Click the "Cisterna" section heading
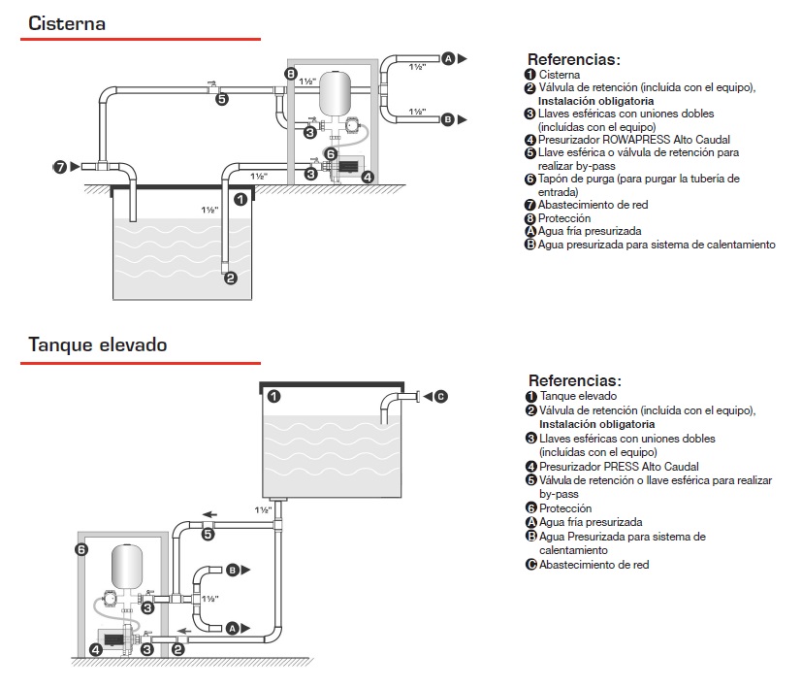[x=67, y=23]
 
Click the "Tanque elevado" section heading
[x=97, y=344]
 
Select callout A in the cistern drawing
[x=448, y=59]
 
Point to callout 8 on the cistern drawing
[x=291, y=74]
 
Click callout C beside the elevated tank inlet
[x=440, y=395]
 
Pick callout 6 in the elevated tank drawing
[x=81, y=550]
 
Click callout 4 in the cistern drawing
[x=368, y=177]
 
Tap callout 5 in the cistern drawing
[x=222, y=99]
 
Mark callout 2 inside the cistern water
[x=231, y=278]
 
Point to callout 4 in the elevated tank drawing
[x=95, y=649]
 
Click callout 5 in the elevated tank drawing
[x=209, y=534]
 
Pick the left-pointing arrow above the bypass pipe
[x=208, y=514]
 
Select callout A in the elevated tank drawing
[x=232, y=629]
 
